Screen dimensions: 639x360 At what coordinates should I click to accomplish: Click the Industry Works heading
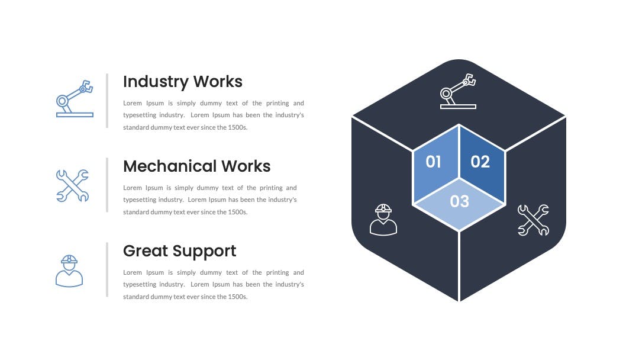[183, 82]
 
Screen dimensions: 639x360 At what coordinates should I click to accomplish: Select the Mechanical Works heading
[197, 166]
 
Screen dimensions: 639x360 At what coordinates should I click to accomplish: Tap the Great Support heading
[180, 252]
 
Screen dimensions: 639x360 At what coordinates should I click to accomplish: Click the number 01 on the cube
[433, 162]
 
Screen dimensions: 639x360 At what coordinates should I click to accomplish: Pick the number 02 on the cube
[480, 162]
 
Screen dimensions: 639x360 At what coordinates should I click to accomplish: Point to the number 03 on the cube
[459, 201]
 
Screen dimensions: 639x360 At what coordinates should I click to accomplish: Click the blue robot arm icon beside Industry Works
[75, 99]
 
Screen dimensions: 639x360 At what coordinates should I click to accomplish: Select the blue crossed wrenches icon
[73, 185]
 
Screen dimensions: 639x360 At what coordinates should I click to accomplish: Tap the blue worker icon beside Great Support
[69, 271]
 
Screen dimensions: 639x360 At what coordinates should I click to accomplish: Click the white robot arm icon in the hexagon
[458, 91]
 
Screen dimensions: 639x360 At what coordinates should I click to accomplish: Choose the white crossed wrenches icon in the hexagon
[534, 220]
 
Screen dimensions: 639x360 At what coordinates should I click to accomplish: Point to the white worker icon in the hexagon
[383, 220]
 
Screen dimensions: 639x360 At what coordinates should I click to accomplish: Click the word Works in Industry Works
[218, 82]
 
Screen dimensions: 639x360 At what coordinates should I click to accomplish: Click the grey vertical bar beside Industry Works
[107, 101]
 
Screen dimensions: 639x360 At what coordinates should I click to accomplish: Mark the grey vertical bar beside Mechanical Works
[107, 185]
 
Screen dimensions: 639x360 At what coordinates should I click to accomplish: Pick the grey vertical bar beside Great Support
[107, 269]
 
